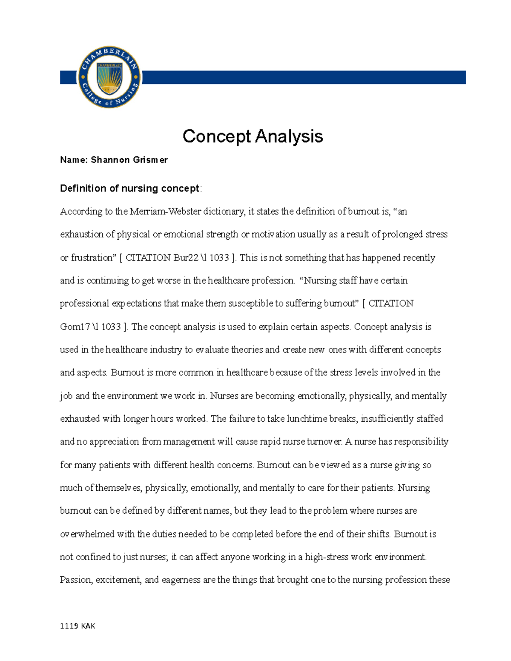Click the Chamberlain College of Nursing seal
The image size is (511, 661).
(109, 77)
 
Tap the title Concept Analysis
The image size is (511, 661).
(253, 136)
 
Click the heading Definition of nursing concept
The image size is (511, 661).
(129, 189)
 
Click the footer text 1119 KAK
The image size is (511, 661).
(78, 626)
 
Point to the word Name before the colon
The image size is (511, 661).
(73, 160)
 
